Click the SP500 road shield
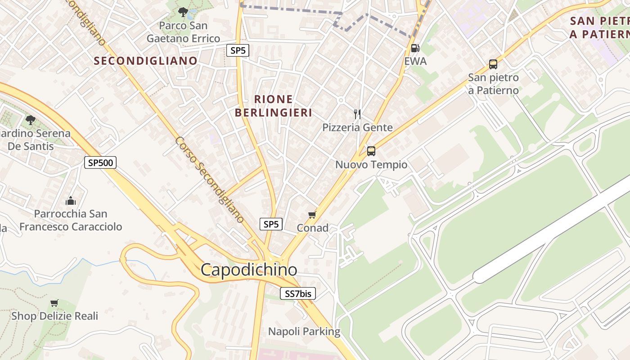[100, 162]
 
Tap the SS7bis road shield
[298, 294]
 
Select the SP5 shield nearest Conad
[271, 224]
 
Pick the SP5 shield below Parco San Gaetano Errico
[238, 50]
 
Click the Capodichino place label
[249, 270]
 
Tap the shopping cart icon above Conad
[312, 215]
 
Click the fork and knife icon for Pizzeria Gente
[357, 114]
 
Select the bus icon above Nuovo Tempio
[371, 151]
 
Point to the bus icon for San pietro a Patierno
[493, 64]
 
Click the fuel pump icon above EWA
[415, 48]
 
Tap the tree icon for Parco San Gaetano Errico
[183, 12]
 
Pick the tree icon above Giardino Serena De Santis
[31, 120]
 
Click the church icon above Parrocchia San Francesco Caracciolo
[70, 201]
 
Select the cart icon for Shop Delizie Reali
[54, 303]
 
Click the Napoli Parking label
[304, 332]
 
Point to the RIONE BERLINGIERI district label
[274, 106]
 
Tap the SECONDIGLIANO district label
[145, 61]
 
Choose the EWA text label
[415, 61]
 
